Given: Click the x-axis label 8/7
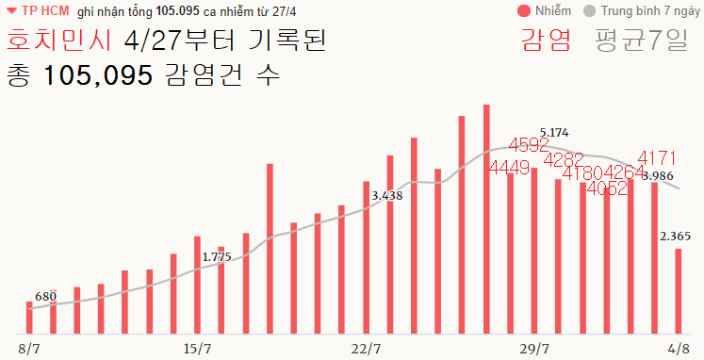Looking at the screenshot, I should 29,349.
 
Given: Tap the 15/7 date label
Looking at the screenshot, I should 197,349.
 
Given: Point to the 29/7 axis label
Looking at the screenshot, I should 533,349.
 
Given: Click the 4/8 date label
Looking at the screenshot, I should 678,349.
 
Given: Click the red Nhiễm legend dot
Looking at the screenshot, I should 524,11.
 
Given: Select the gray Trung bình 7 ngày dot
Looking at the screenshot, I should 590,11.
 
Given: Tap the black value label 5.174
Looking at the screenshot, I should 554,133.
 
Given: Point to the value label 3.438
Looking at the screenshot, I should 387,196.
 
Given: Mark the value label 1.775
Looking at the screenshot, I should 217,256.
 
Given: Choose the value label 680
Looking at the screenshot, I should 46,297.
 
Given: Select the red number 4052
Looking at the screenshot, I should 606,188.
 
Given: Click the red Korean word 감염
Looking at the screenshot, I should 545,42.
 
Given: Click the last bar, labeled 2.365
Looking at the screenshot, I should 678,291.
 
